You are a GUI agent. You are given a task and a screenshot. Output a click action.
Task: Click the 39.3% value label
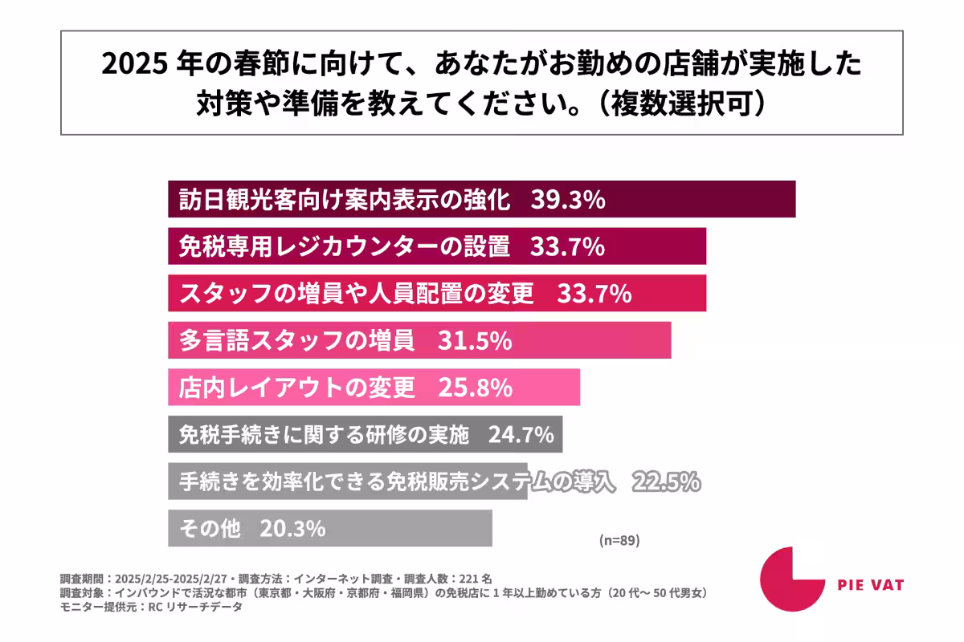click(567, 200)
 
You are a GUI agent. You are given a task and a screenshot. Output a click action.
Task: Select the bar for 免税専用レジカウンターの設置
click(437, 246)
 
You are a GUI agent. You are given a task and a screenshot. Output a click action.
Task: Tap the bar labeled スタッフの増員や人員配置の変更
click(437, 294)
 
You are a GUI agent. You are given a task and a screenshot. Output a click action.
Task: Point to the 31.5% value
click(475, 340)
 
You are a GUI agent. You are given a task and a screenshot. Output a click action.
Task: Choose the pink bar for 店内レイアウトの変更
click(374, 388)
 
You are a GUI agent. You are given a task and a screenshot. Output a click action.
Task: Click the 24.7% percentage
click(520, 435)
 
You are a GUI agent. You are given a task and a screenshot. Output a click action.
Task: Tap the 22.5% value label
click(666, 481)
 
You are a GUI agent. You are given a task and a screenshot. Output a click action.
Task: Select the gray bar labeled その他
click(329, 529)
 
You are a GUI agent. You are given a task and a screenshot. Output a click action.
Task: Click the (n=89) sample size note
click(619, 540)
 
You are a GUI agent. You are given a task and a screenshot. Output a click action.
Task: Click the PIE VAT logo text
click(870, 585)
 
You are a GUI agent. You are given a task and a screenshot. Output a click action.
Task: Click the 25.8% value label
click(475, 388)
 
